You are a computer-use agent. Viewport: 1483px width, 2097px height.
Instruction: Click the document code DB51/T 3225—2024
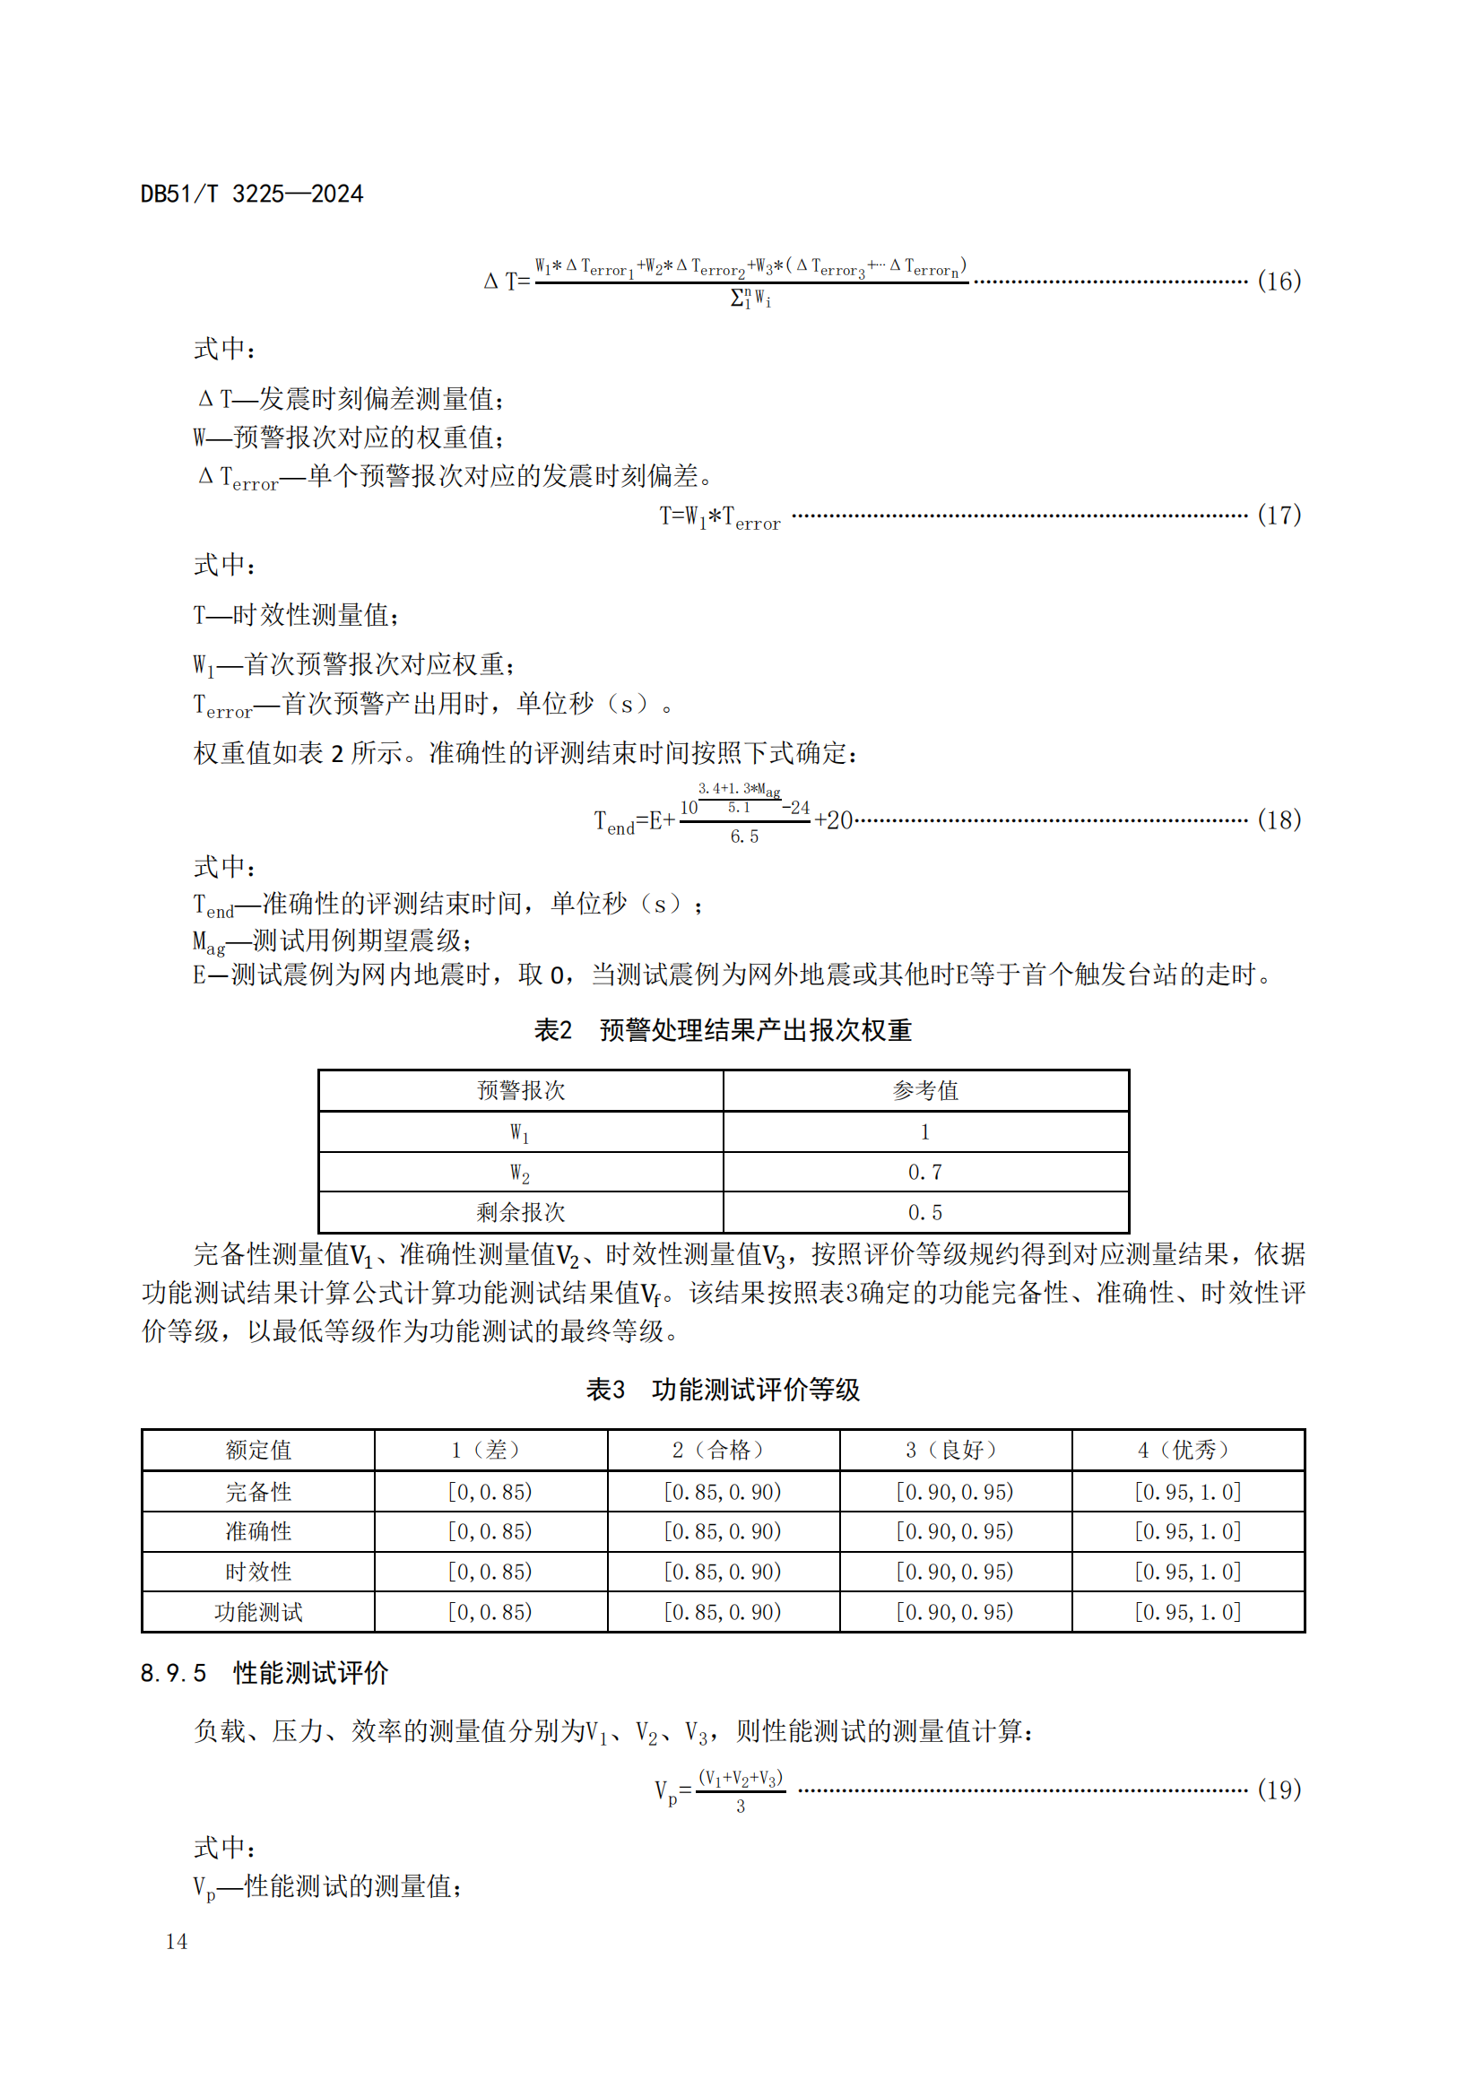click(x=251, y=195)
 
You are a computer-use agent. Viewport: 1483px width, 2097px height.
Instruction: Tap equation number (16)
click(x=1279, y=282)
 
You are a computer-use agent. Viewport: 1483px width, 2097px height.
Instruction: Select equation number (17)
click(x=1279, y=516)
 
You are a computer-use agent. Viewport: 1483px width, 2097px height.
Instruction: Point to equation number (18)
click(x=1279, y=820)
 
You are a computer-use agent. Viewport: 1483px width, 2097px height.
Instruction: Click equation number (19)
click(x=1279, y=1789)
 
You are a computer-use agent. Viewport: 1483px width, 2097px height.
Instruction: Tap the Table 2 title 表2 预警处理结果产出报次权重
click(x=723, y=1030)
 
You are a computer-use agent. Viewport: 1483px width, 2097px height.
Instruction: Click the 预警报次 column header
click(x=521, y=1090)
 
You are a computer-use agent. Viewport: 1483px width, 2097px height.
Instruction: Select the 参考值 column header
click(x=925, y=1090)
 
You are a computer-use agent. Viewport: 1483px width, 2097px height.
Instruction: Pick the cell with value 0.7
click(x=925, y=1172)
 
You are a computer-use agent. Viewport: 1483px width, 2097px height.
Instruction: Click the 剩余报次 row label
click(x=521, y=1212)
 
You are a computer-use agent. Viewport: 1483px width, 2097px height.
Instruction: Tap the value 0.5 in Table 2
click(x=925, y=1212)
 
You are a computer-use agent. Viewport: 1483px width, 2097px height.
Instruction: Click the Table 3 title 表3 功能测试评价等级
click(x=723, y=1391)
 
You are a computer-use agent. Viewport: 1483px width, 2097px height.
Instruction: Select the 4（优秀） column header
click(x=1187, y=1450)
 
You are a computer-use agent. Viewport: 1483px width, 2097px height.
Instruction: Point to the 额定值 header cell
click(x=258, y=1450)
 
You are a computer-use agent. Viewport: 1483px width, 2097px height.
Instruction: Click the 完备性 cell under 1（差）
click(x=490, y=1492)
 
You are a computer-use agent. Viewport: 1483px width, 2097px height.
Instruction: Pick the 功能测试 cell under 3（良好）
click(x=954, y=1612)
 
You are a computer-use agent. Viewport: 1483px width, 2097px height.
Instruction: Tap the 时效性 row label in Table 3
click(x=258, y=1572)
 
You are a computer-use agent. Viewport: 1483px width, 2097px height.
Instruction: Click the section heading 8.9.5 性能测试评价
click(x=265, y=1673)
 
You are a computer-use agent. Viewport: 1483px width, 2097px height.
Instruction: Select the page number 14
click(x=177, y=1941)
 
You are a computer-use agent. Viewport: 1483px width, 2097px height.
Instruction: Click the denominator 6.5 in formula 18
click(x=744, y=836)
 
